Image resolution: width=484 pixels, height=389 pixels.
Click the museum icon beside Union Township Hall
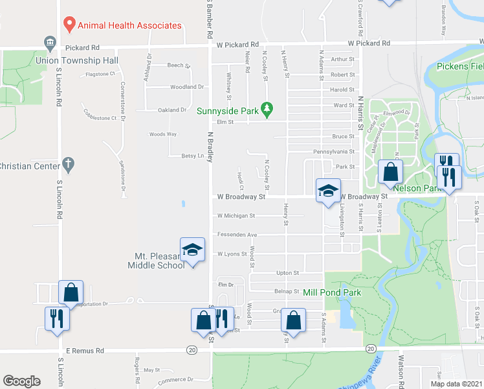[x=50, y=43]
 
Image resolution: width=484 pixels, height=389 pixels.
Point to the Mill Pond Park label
[x=331, y=293]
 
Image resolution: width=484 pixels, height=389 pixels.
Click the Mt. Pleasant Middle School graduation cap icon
[x=192, y=251]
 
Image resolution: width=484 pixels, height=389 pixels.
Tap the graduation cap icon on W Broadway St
[x=328, y=190]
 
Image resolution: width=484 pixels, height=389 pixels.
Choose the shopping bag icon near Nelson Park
[x=390, y=172]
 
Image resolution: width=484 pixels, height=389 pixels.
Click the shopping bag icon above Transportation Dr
[x=71, y=292]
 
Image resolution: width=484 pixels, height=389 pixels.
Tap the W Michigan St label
[x=236, y=216]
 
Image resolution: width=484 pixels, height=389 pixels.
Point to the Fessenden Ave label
[x=237, y=235]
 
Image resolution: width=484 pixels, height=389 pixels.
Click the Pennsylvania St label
[x=334, y=152]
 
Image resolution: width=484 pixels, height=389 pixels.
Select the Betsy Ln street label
[x=192, y=156]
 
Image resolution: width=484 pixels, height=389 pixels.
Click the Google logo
[x=21, y=381]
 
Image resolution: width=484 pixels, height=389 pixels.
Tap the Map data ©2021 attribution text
[x=456, y=384]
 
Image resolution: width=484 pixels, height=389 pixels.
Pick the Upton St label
[x=287, y=274]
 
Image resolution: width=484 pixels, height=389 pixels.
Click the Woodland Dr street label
[x=187, y=87]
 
